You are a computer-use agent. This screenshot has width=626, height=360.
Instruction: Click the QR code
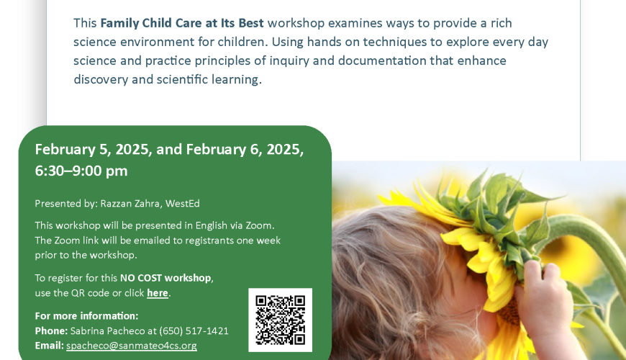(x=281, y=320)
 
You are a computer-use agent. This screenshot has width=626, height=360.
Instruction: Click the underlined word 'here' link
(x=158, y=293)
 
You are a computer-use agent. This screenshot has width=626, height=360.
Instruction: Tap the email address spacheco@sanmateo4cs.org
(x=132, y=346)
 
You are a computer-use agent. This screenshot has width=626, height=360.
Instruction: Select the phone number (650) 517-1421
(x=194, y=330)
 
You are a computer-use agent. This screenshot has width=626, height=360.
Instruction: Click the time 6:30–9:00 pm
(x=81, y=171)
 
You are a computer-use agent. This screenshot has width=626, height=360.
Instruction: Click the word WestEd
(x=183, y=203)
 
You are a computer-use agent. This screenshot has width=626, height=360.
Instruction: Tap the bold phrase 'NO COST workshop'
(x=165, y=278)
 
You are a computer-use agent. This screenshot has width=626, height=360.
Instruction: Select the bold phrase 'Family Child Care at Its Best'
(x=181, y=23)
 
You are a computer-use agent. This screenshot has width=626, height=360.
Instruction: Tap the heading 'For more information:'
(x=86, y=315)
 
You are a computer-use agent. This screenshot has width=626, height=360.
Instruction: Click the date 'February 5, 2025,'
(x=94, y=150)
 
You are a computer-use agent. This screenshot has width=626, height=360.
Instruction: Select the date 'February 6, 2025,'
(x=245, y=150)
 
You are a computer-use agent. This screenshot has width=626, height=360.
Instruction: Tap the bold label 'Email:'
(x=49, y=346)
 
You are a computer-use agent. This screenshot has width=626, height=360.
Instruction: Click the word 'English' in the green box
(x=211, y=226)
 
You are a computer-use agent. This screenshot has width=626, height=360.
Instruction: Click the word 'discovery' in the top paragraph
(x=101, y=80)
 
